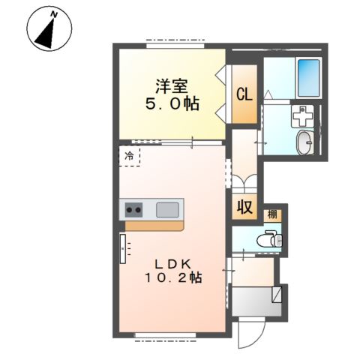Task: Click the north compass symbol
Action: point(49,31)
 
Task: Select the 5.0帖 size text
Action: point(172,105)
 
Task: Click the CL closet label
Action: point(244,94)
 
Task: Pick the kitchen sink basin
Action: point(168,209)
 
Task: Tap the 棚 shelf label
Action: point(272,214)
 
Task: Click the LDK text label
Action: point(175,263)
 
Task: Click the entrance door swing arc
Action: point(250,334)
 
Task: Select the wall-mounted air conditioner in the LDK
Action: point(124,248)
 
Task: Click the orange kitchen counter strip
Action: point(154,224)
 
